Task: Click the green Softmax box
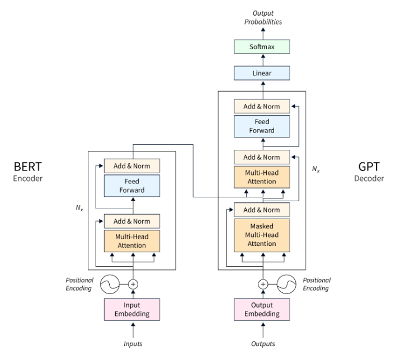pyautogui.click(x=262, y=46)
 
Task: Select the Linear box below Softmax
pyautogui.click(x=262, y=73)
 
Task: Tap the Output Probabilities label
pyautogui.click(x=262, y=17)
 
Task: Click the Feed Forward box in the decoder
pyautogui.click(x=262, y=126)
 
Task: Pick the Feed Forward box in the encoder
pyautogui.click(x=132, y=186)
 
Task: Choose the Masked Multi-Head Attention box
pyautogui.click(x=262, y=235)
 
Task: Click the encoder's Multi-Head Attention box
pyautogui.click(x=132, y=241)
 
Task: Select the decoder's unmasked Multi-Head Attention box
pyautogui.click(x=262, y=177)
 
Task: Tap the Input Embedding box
pyautogui.click(x=132, y=309)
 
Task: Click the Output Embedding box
pyautogui.click(x=262, y=309)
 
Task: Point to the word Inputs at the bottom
pyautogui.click(x=132, y=344)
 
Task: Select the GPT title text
pyautogui.click(x=369, y=167)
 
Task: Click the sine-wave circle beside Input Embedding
pyautogui.click(x=110, y=284)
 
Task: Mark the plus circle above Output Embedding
pyautogui.click(x=262, y=284)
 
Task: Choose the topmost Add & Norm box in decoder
pyautogui.click(x=262, y=106)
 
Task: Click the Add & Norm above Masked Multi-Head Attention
pyautogui.click(x=262, y=210)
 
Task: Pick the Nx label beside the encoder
pyautogui.click(x=79, y=207)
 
